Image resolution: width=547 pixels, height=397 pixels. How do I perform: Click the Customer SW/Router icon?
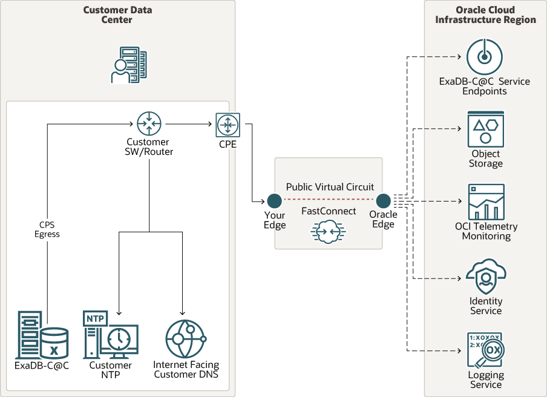click(149, 123)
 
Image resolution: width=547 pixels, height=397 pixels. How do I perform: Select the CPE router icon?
click(228, 125)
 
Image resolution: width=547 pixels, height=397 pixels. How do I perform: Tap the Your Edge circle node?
click(274, 200)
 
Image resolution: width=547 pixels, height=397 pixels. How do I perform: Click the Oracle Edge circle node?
click(382, 200)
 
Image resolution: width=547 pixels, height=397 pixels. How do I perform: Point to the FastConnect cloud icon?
click(327, 232)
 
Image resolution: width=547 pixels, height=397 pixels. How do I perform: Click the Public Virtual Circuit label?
click(330, 187)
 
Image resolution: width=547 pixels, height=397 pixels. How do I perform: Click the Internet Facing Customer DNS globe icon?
click(185, 340)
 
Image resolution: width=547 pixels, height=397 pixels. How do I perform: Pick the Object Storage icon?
click(485, 129)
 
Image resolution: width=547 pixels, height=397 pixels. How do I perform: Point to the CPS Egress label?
click(47, 229)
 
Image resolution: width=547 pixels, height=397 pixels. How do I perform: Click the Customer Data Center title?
click(117, 15)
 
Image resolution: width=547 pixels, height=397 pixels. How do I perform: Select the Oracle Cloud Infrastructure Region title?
click(485, 15)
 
